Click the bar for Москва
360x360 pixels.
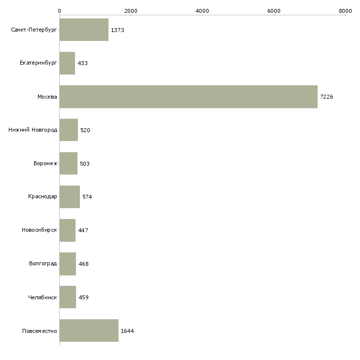(188, 97)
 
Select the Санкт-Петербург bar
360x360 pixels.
(84, 30)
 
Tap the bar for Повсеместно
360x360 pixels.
(89, 330)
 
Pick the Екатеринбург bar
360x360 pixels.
(67, 63)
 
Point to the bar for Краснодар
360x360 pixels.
(70, 197)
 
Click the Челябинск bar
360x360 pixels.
(68, 297)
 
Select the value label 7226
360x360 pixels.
(326, 97)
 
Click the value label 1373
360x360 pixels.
(117, 30)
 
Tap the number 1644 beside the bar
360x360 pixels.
(127, 331)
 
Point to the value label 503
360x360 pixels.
(85, 164)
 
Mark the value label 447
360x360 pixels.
(83, 230)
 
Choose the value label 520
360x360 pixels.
(85, 130)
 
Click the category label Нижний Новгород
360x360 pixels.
(33, 130)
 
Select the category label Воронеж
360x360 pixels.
(45, 163)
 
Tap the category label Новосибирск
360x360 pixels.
(39, 230)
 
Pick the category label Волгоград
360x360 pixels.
(43, 263)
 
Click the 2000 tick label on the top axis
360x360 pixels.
(131, 11)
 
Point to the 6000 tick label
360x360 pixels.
(274, 11)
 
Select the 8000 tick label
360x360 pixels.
(345, 11)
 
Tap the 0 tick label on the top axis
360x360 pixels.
(60, 11)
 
